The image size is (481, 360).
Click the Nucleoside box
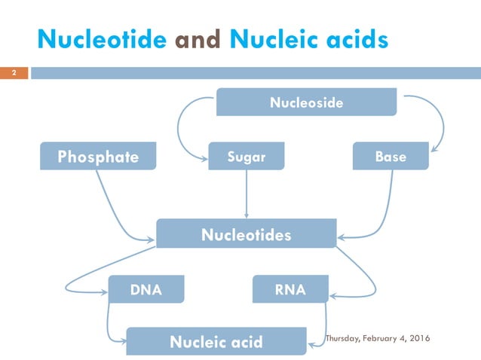pyautogui.click(x=306, y=102)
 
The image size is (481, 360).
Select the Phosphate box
pyautogui.click(x=99, y=157)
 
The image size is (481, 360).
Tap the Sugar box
pyautogui.click(x=247, y=157)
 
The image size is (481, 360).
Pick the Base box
pyautogui.click(x=391, y=157)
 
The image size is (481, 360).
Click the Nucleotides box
pyautogui.click(x=246, y=235)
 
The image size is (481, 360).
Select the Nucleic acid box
pyautogui.click(x=216, y=342)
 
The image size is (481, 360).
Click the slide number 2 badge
pyautogui.click(x=13, y=74)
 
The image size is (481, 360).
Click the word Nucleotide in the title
pyautogui.click(x=102, y=39)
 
